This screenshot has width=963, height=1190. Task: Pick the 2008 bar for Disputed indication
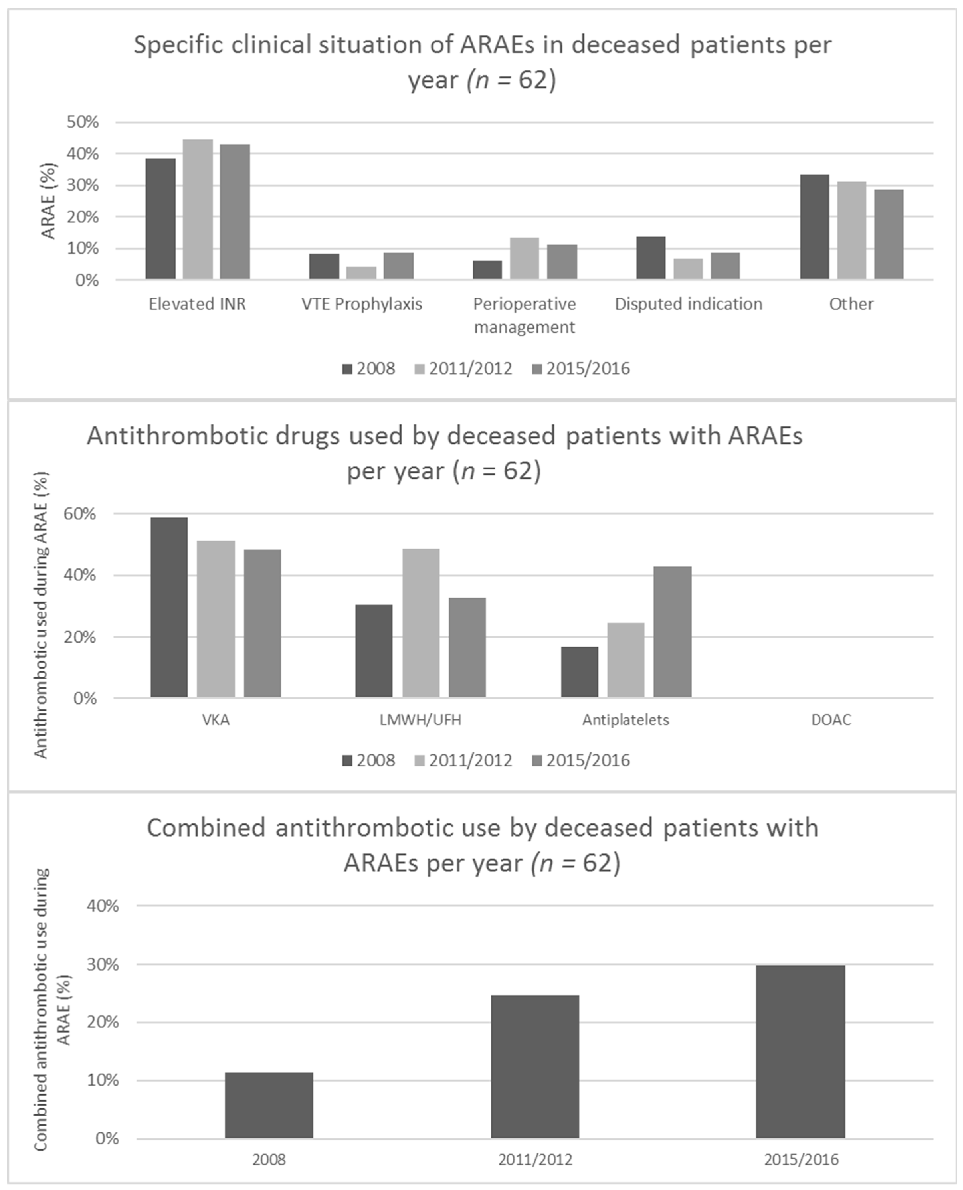coord(651,258)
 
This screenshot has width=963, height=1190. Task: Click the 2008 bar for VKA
coord(169,607)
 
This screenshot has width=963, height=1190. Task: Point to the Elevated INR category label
coord(197,304)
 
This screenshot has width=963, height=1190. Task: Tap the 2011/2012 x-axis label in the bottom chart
coord(535,1159)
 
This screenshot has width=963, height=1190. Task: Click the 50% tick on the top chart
coord(83,122)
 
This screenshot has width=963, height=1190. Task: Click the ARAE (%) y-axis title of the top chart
coord(49,201)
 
